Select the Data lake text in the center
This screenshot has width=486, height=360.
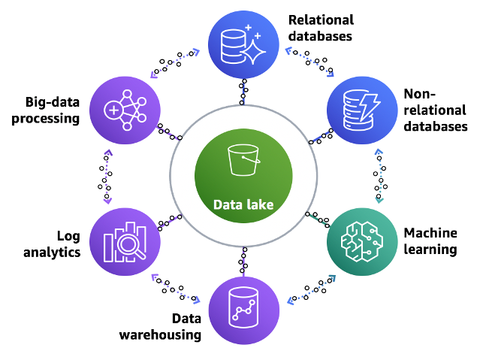[x=243, y=204]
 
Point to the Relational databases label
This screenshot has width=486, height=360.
[x=321, y=26]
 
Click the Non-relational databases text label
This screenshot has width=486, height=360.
[x=436, y=110]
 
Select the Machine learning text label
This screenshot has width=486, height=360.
[x=430, y=241]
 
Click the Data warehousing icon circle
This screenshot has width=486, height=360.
[x=242, y=308]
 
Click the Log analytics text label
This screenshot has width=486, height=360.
[x=58, y=244]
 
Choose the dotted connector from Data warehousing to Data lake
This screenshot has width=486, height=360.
[x=243, y=261]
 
